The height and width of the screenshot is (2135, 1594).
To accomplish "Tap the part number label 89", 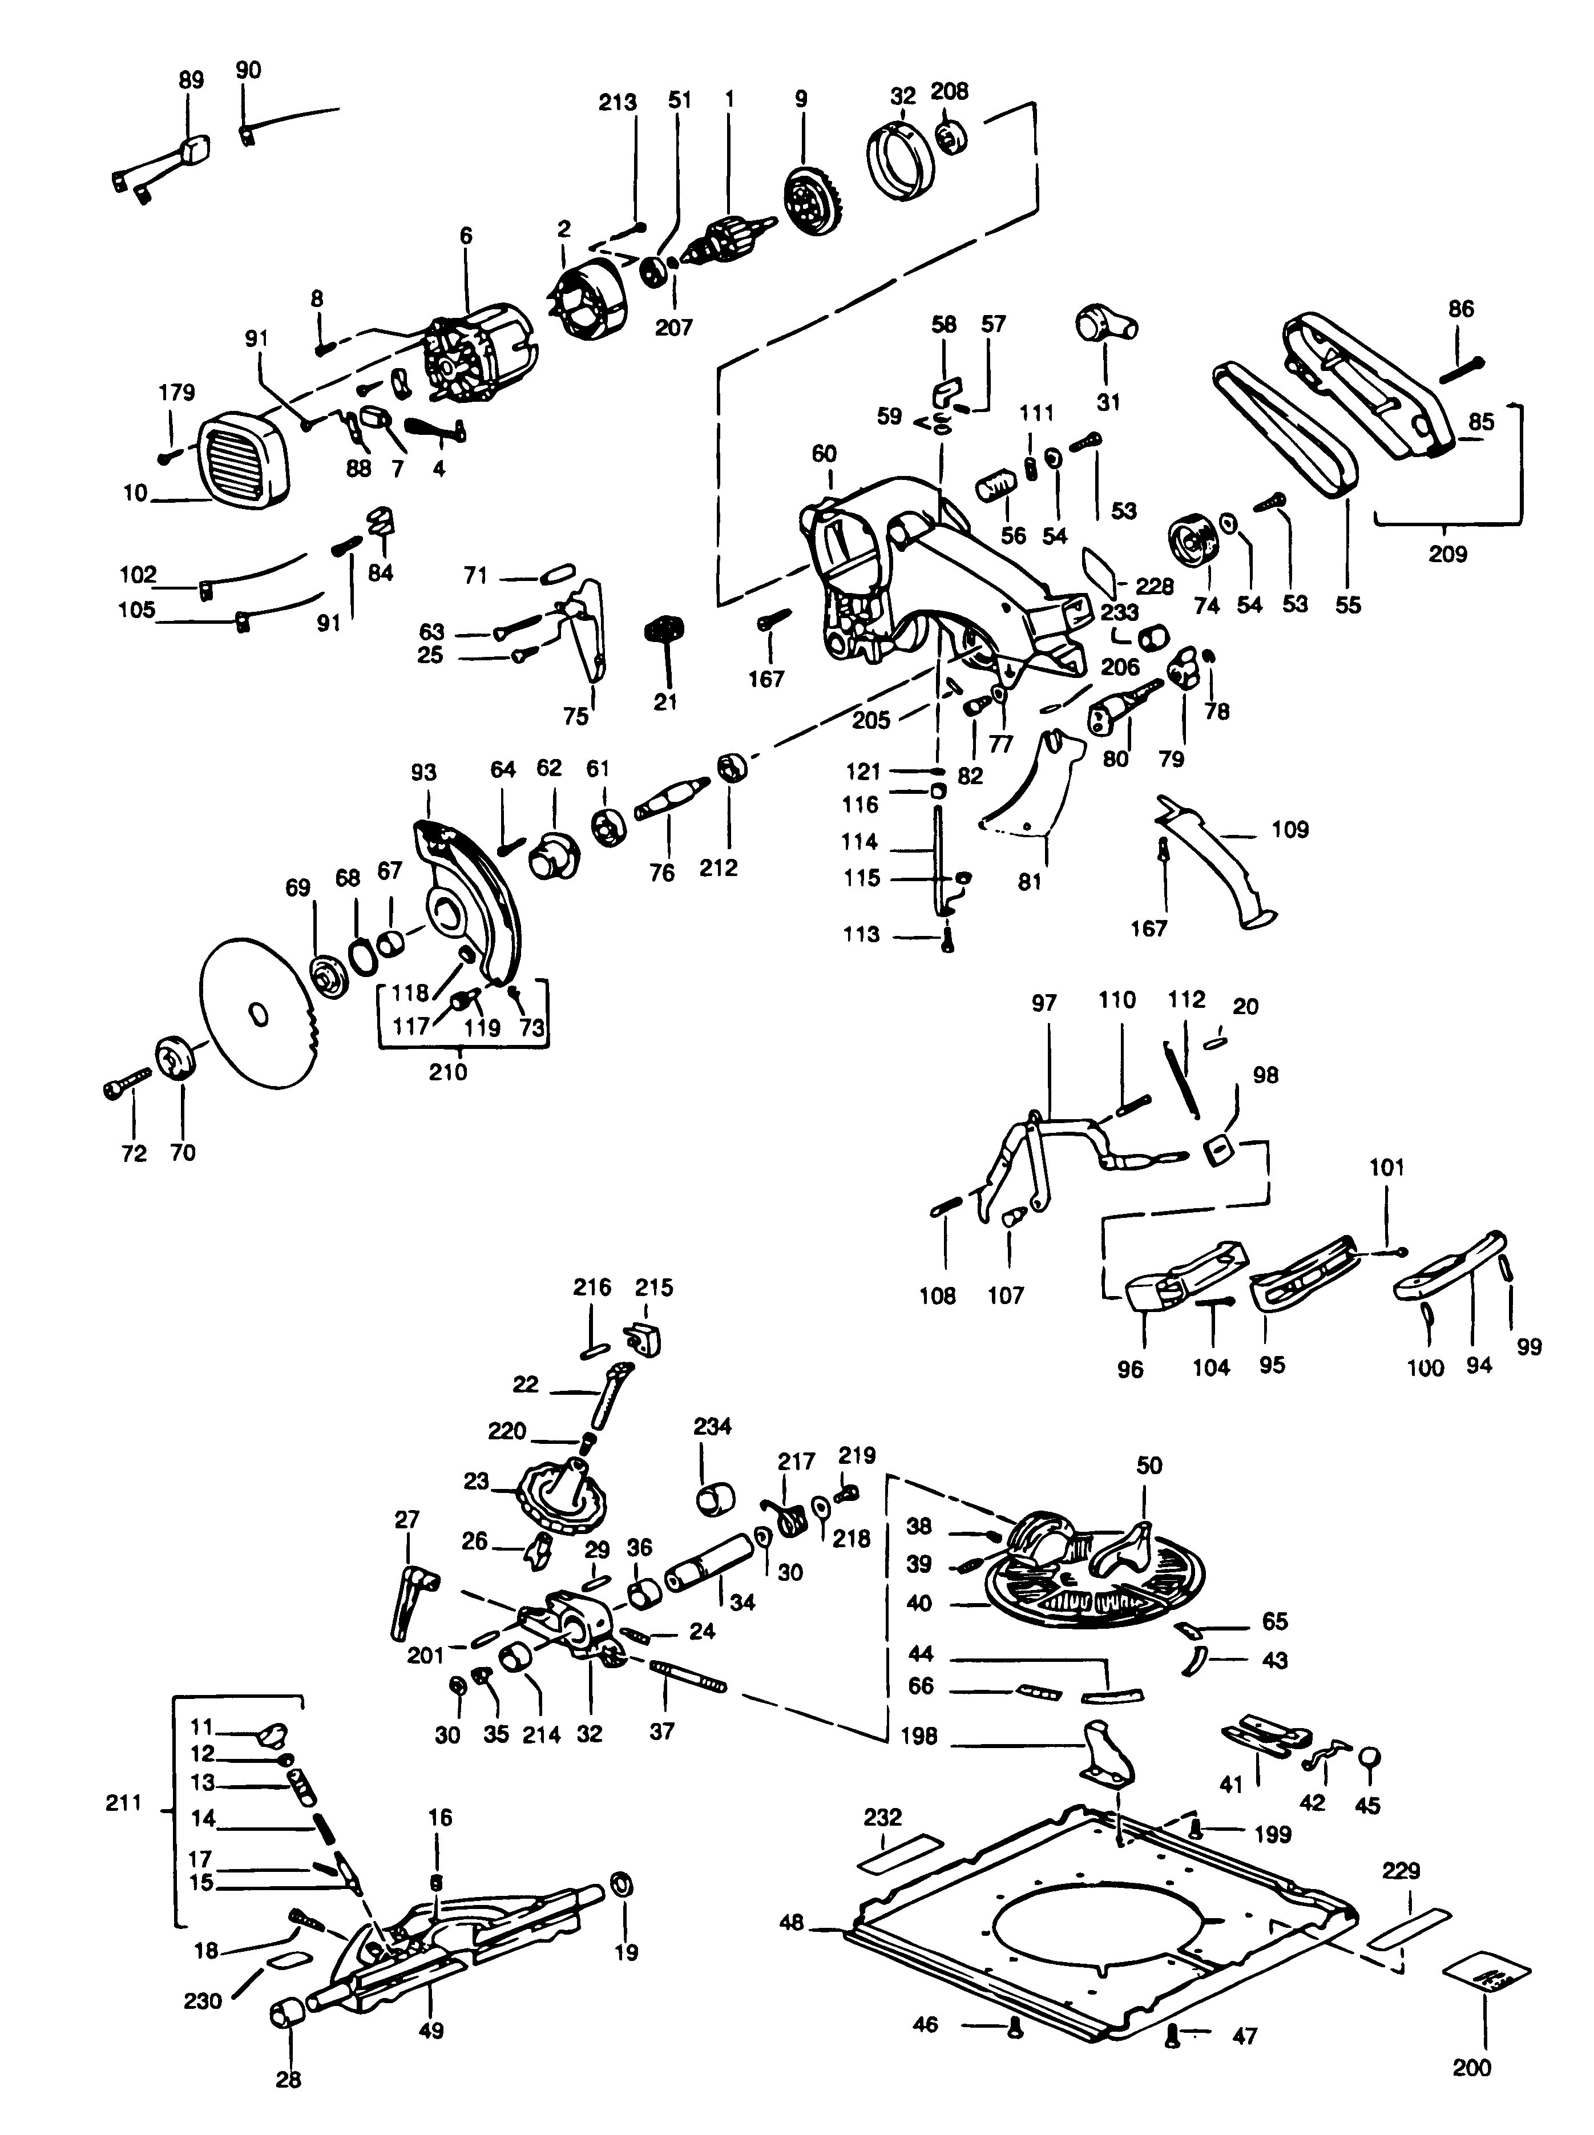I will pos(192,80).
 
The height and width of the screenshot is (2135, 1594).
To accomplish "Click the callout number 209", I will pos(1447,554).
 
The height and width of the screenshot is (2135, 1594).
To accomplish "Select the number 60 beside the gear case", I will pos(824,454).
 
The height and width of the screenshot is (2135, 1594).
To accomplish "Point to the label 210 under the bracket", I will pos(447,1072).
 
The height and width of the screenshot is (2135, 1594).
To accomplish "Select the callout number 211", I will pos(123,1803).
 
